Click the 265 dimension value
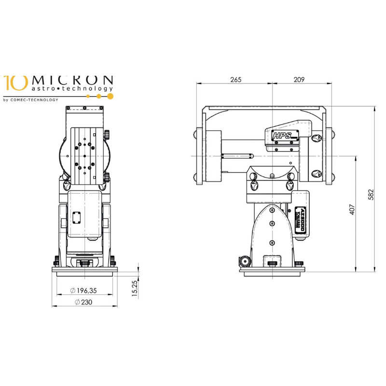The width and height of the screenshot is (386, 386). click(x=235, y=80)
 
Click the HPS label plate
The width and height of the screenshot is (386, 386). click(x=282, y=136)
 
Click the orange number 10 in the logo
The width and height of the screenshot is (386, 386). click(x=14, y=83)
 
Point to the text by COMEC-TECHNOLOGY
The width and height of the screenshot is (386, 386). click(x=30, y=100)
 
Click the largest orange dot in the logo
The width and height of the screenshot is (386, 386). click(x=110, y=96)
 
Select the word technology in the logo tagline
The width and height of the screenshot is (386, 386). click(x=95, y=89)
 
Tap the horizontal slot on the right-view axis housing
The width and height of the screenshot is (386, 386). click(x=236, y=155)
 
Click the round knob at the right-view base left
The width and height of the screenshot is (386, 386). click(x=245, y=262)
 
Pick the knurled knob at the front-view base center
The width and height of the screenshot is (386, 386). click(x=85, y=263)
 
